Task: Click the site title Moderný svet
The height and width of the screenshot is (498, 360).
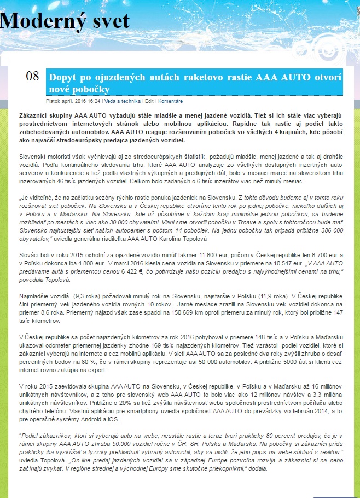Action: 65,21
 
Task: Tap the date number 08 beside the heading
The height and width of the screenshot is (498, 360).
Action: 33,76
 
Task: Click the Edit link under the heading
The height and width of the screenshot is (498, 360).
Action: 149,101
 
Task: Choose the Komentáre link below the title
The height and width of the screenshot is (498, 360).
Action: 171,101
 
